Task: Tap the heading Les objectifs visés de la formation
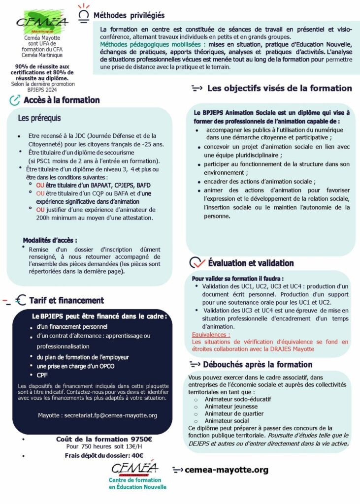(279, 89)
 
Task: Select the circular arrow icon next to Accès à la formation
(15, 100)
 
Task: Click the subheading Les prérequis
(39, 118)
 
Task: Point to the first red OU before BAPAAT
(40, 185)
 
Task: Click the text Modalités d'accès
(50, 241)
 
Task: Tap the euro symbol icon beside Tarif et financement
(21, 300)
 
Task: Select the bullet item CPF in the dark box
(42, 375)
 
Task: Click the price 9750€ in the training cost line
(141, 440)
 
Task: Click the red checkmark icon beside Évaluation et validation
(197, 263)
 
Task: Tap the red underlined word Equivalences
(211, 335)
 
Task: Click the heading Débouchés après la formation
(257, 365)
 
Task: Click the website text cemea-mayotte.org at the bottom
(227, 470)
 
